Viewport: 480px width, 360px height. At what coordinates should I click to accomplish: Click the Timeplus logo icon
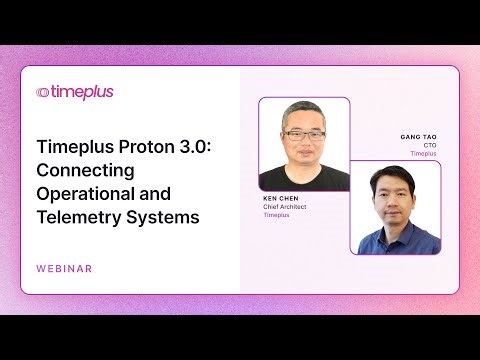[x=43, y=92]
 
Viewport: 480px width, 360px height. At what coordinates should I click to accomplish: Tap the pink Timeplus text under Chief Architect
[x=277, y=215]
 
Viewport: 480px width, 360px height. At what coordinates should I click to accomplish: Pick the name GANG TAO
[x=418, y=138]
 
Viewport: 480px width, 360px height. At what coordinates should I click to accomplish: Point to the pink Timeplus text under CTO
[x=424, y=154]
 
